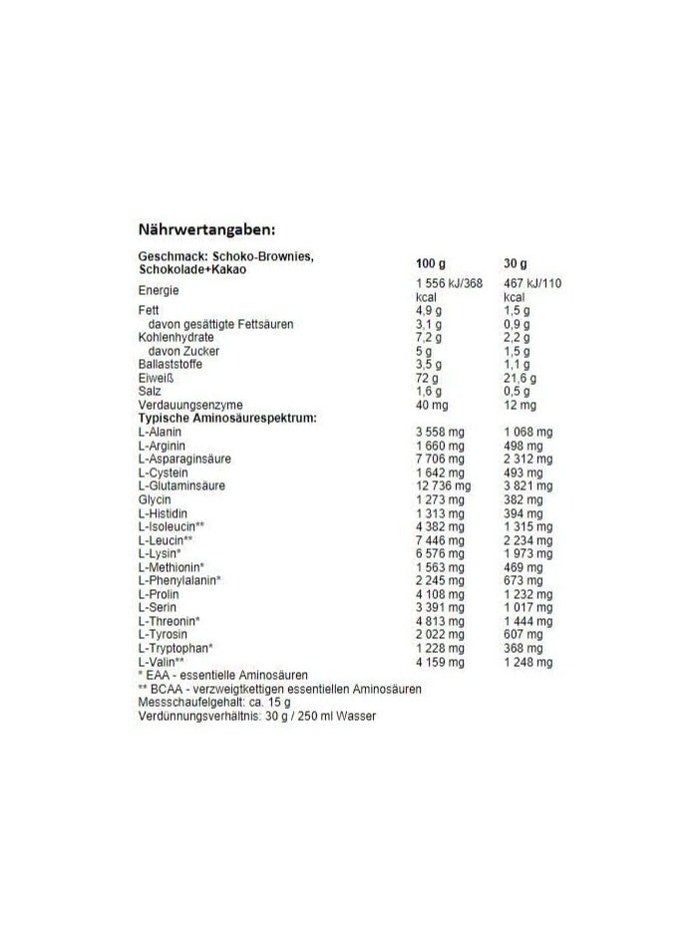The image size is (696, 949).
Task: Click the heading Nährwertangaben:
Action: click(206, 230)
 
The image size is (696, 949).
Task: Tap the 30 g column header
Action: click(516, 263)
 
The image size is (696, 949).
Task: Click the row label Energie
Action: click(159, 290)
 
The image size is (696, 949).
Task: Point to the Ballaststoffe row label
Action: click(171, 365)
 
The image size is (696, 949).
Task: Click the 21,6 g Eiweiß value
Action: click(521, 379)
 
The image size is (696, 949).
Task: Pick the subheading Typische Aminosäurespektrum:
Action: click(227, 419)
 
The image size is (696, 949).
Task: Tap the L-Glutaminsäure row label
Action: click(181, 485)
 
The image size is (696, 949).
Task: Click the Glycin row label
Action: click(155, 499)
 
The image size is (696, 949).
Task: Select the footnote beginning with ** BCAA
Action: click(280, 689)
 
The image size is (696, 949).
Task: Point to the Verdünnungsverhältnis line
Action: click(257, 717)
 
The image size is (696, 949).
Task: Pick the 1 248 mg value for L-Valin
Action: click(528, 662)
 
